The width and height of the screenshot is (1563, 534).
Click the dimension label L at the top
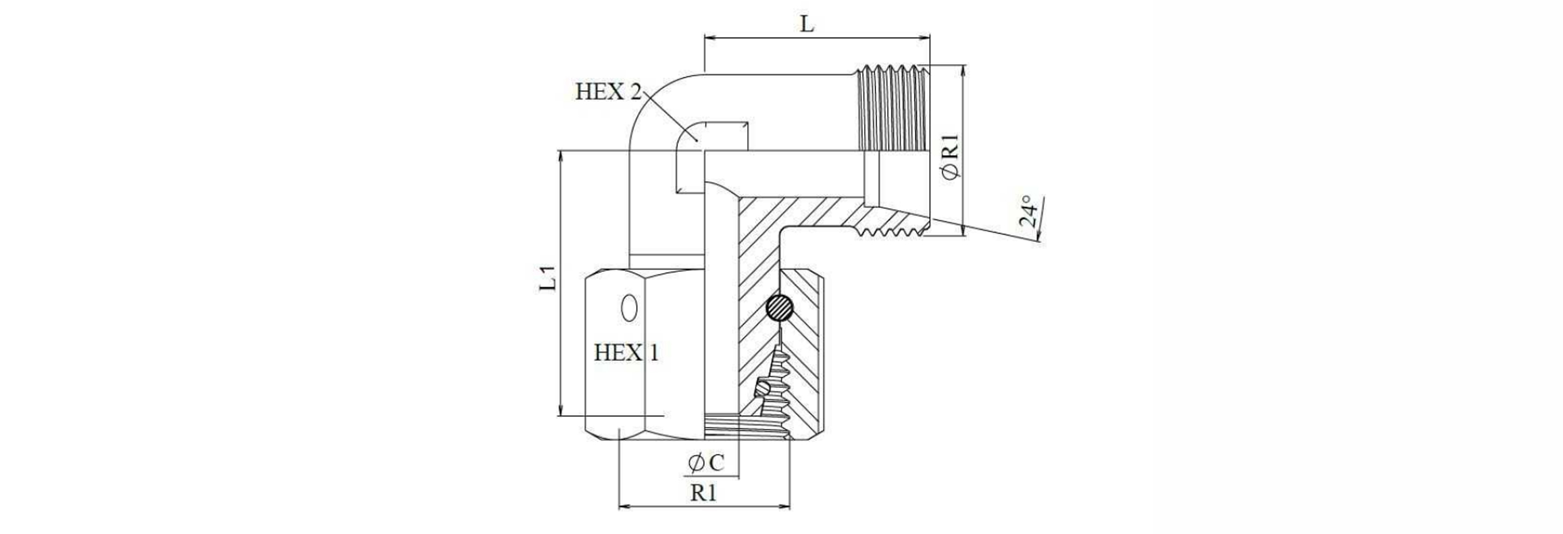tap(807, 24)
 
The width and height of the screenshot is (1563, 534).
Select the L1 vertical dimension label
tap(549, 278)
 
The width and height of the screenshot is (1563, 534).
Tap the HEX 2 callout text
tap(608, 92)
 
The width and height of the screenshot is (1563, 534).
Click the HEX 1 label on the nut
tap(626, 353)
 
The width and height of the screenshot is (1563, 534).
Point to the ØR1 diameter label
tap(950, 156)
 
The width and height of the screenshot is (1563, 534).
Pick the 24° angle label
tap(1028, 213)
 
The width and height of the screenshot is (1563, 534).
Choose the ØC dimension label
tap(706, 463)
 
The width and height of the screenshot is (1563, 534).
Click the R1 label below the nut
tap(703, 493)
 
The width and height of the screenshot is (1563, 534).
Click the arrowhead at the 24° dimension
tap(1038, 236)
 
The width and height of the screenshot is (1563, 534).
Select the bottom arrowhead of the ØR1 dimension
tap(963, 231)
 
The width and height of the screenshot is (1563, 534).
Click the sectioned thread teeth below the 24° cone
tap(891, 231)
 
